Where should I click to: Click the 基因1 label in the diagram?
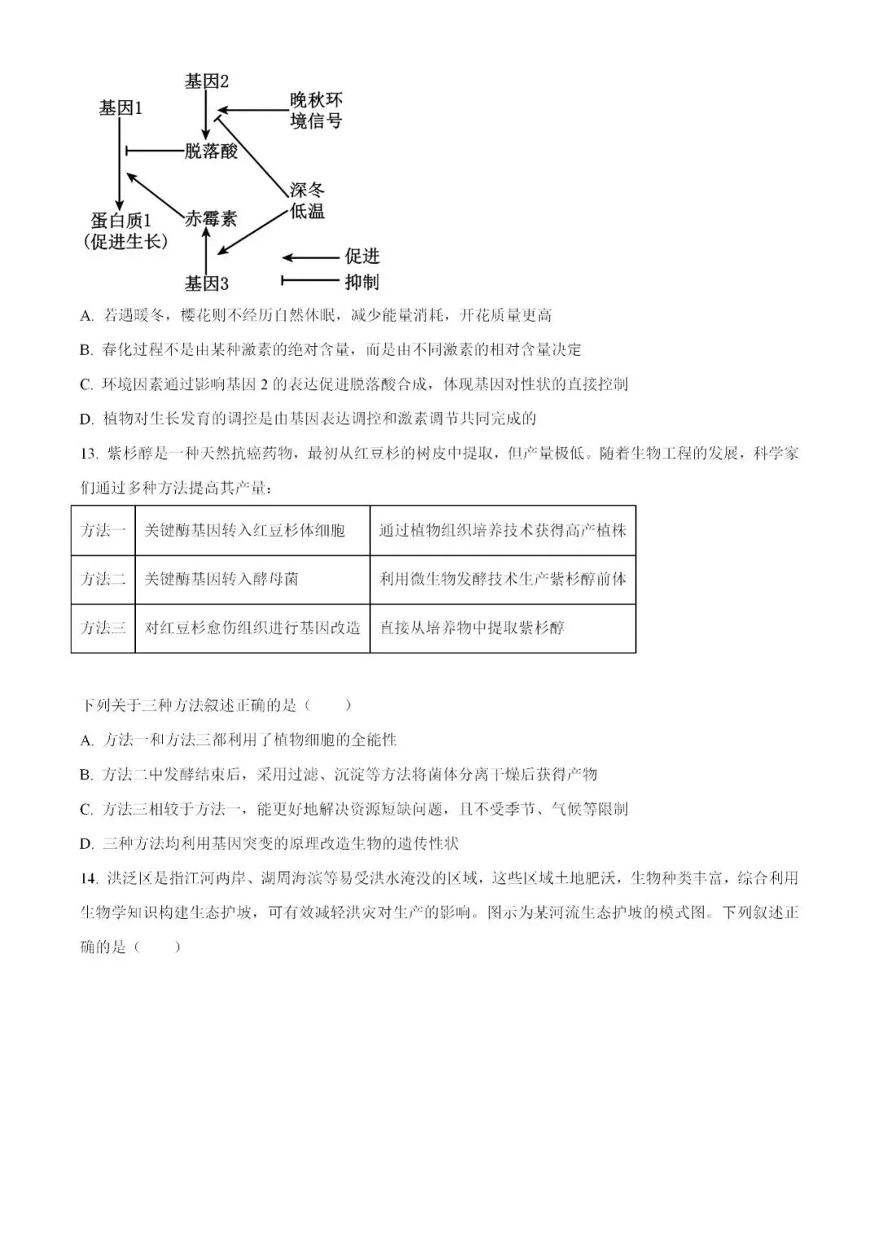click(x=120, y=108)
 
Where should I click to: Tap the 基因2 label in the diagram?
click(x=206, y=81)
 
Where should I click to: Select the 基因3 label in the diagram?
click(x=206, y=284)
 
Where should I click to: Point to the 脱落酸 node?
click(x=211, y=151)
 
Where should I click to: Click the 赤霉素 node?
click(x=211, y=219)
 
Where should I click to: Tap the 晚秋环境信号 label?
click(x=316, y=111)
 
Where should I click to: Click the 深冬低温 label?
click(x=307, y=200)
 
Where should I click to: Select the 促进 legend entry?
click(x=361, y=257)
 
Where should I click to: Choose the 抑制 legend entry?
click(x=361, y=282)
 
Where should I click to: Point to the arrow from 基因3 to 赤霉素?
click(x=206, y=252)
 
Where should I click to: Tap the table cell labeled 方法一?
click(x=103, y=531)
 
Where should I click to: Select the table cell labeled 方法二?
click(x=103, y=580)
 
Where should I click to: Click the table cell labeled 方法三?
click(x=103, y=628)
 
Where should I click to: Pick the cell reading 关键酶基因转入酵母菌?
click(x=221, y=580)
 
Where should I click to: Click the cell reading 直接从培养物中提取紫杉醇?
click(x=471, y=628)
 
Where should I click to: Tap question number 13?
click(x=89, y=454)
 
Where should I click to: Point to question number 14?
click(x=89, y=878)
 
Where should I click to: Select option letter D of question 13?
click(x=86, y=844)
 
